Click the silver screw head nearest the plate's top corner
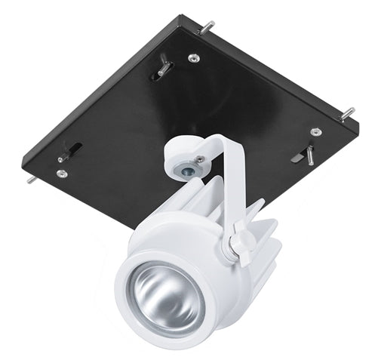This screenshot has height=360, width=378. point(193,58)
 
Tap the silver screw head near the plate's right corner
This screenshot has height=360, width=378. point(315,132)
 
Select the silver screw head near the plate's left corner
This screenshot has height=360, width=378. point(61,174)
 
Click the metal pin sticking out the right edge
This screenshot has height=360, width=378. point(347,113)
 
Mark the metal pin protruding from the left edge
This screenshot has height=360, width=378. point(30,180)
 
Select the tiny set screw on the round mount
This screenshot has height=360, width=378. point(200,158)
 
